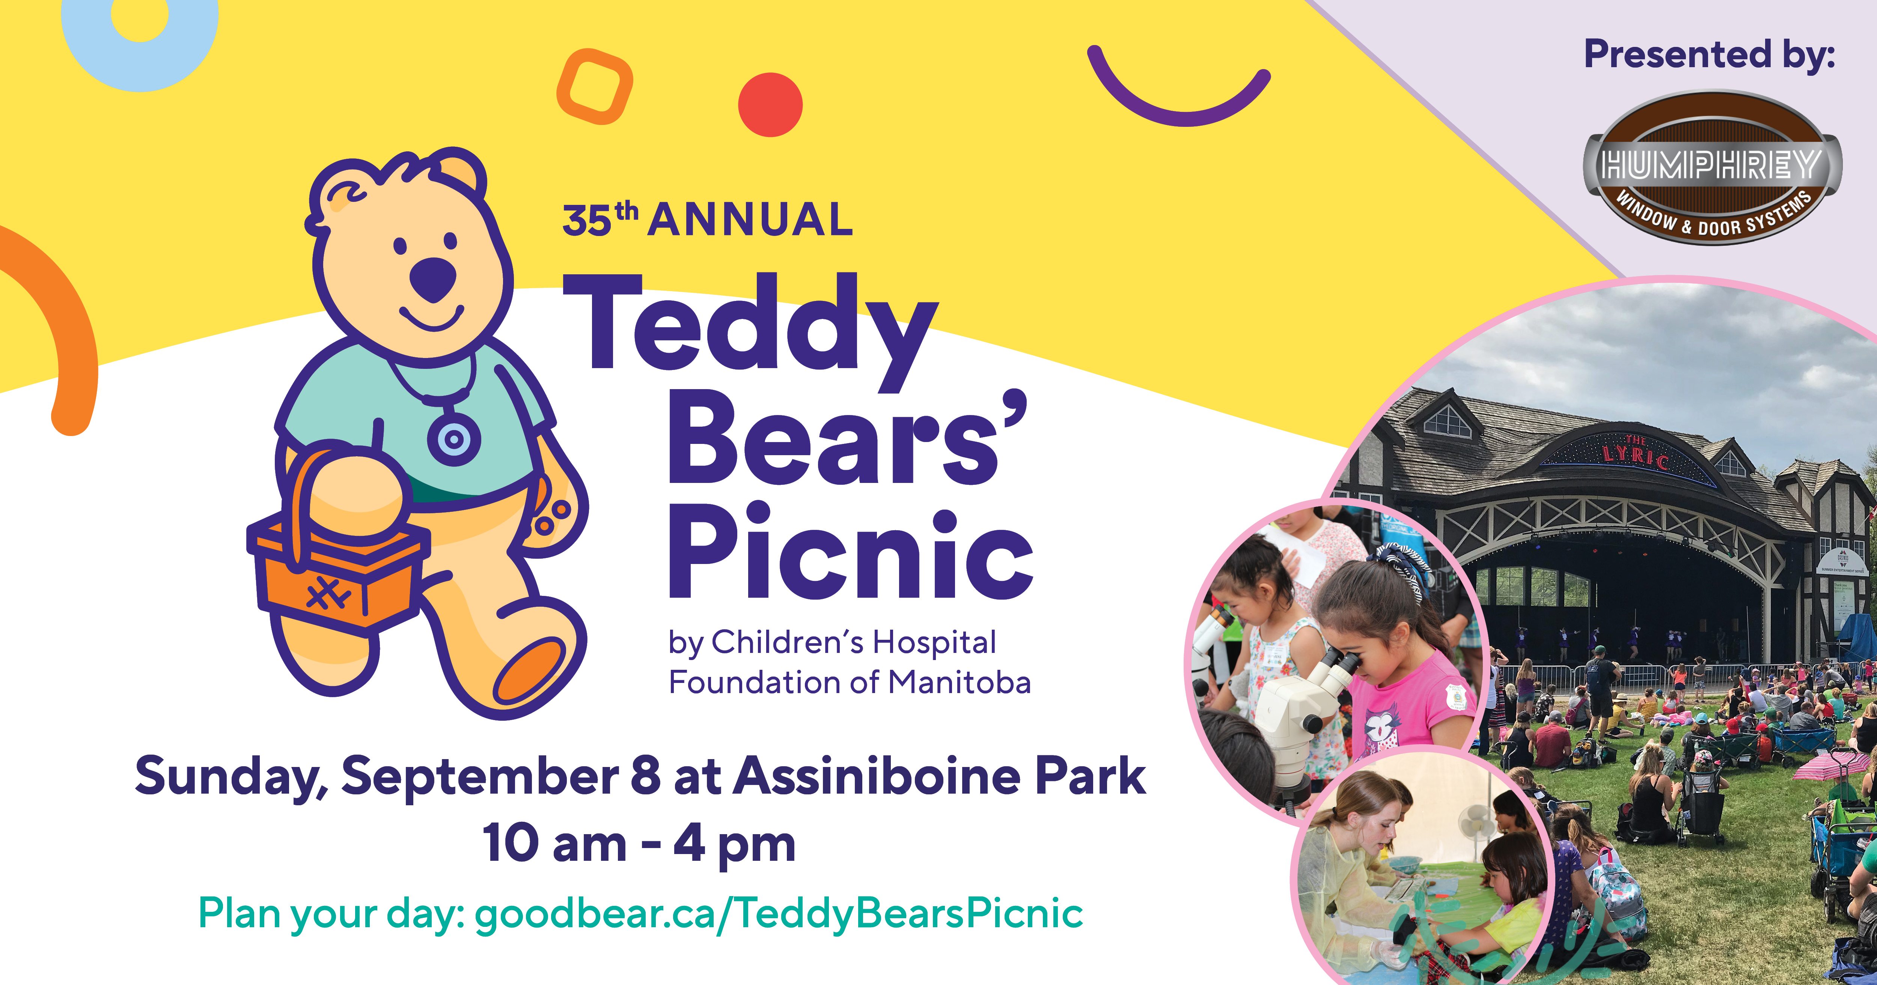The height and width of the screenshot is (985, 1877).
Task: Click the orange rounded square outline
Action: [x=595, y=86]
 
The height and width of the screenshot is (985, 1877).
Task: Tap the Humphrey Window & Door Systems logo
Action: [x=1712, y=168]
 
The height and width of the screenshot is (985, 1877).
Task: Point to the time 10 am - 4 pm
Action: [x=639, y=844]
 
